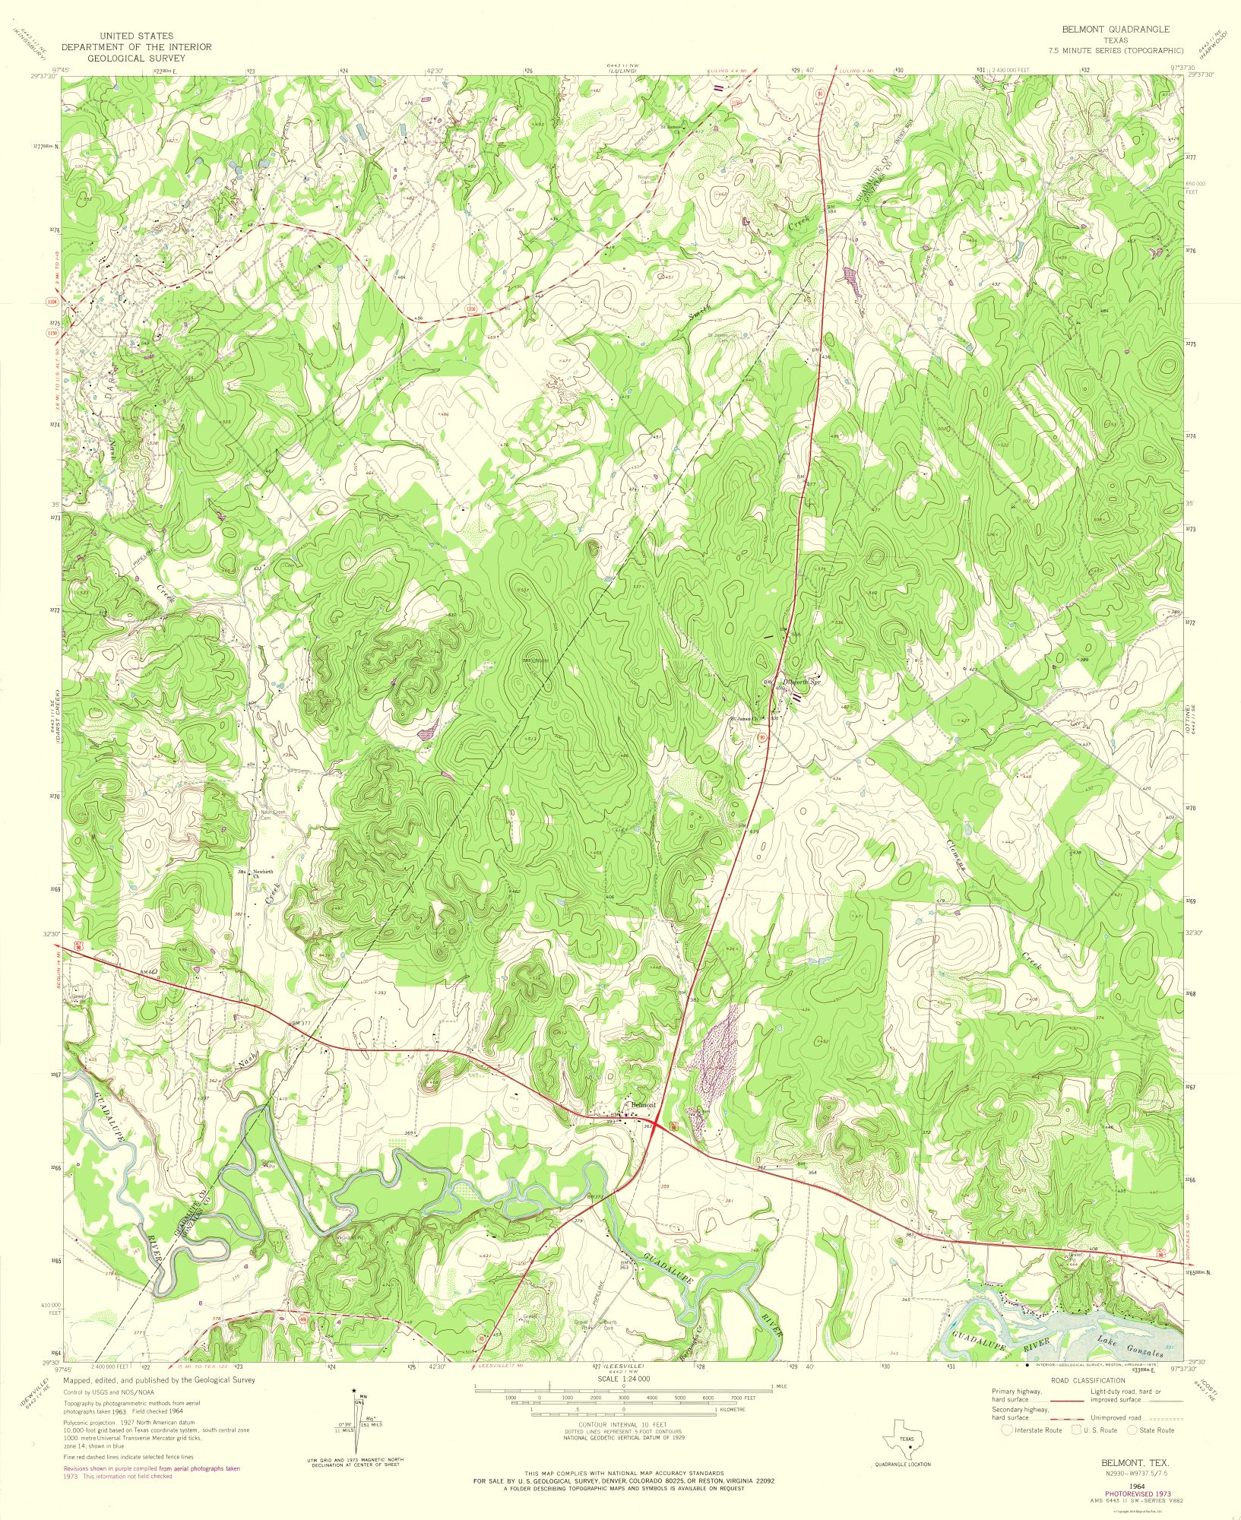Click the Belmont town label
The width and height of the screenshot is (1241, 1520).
643,1104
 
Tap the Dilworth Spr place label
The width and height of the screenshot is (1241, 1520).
803,682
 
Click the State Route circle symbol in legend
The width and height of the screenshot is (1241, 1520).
1133,1430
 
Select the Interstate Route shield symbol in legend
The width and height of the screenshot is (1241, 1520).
1006,1430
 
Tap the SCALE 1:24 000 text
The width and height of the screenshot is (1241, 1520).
620,1377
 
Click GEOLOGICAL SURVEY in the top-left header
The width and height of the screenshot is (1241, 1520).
136,57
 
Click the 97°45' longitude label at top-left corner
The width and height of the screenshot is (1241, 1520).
73,70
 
